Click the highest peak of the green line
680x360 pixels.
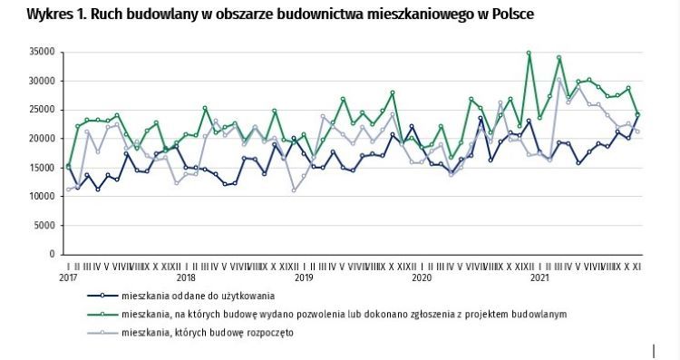(x=529, y=53)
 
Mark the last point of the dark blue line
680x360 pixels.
(x=637, y=115)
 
